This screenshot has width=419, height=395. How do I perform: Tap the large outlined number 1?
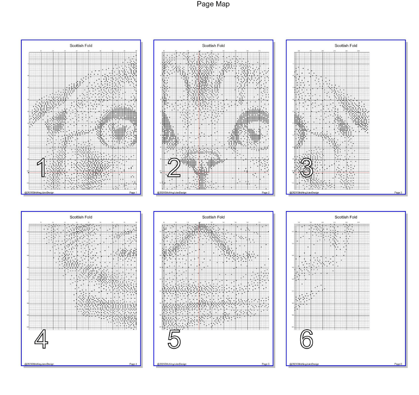coord(42,168)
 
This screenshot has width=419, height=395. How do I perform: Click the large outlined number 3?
coord(307,168)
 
